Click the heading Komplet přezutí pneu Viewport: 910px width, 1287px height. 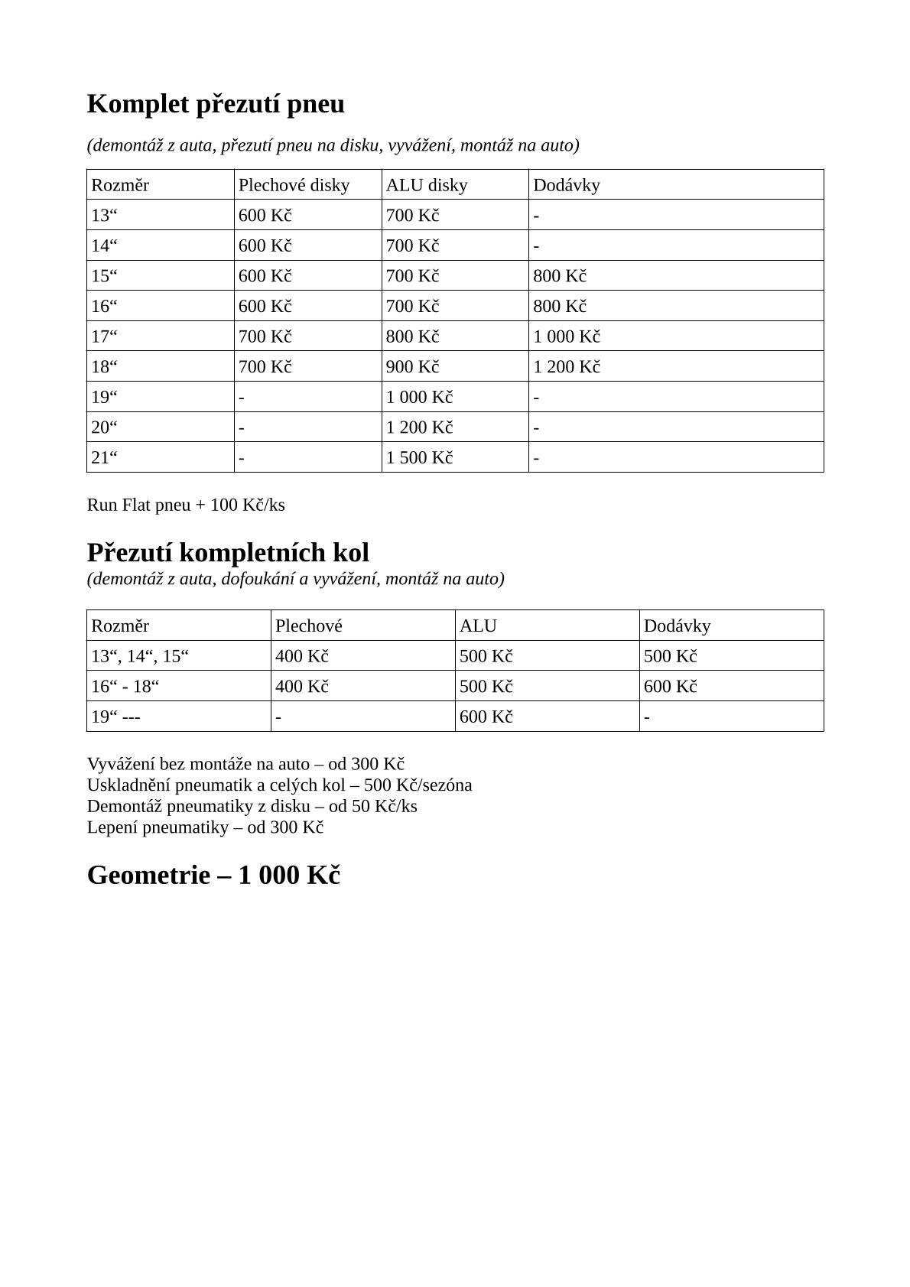click(x=216, y=104)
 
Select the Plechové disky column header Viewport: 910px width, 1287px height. click(x=294, y=185)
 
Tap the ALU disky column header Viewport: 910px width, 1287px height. click(x=426, y=185)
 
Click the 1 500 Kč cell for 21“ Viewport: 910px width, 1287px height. click(x=419, y=458)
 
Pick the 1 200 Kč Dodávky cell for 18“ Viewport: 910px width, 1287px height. click(x=566, y=367)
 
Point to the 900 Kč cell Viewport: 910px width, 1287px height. click(x=412, y=367)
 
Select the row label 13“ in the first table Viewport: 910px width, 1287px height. click(x=104, y=216)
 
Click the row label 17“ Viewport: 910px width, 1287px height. click(x=104, y=336)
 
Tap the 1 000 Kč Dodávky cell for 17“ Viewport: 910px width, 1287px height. click(x=566, y=336)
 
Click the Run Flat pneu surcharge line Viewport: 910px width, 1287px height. click(x=186, y=505)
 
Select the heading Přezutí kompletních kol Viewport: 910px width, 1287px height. click(x=228, y=552)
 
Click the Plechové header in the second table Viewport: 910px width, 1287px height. click(x=309, y=626)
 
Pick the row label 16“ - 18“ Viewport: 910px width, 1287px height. click(x=125, y=687)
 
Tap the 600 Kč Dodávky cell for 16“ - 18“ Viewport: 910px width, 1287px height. click(x=670, y=687)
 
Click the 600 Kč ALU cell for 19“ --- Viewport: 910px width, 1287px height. click(x=486, y=717)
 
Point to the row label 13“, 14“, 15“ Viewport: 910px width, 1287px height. click(x=140, y=657)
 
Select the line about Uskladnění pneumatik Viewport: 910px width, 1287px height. click(x=279, y=785)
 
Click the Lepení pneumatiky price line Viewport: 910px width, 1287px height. click(x=205, y=827)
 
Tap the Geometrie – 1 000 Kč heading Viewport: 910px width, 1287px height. click(x=213, y=875)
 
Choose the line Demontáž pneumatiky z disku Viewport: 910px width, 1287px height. click(x=252, y=807)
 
